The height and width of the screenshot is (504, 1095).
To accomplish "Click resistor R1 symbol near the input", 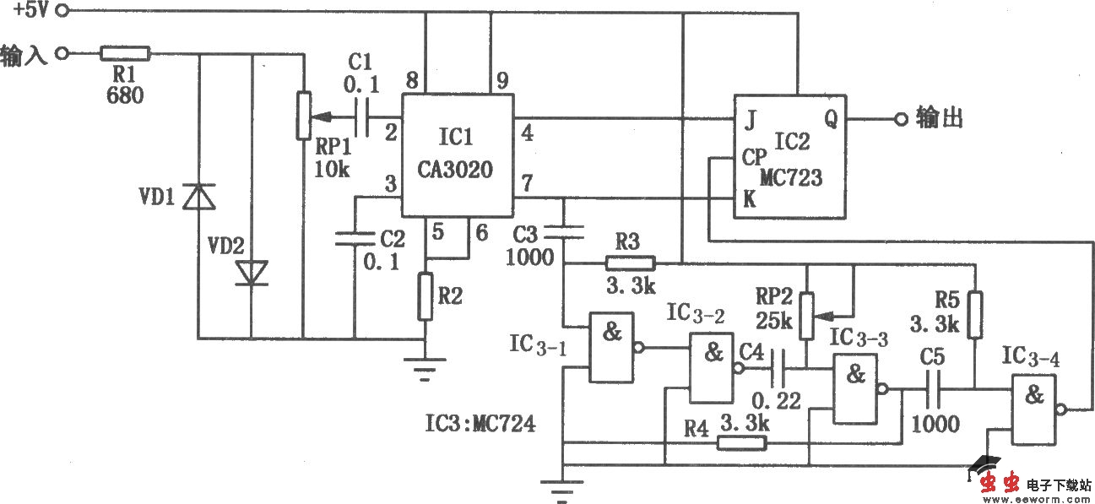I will click(x=125, y=54).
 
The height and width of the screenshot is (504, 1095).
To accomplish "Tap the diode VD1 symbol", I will click(x=200, y=197).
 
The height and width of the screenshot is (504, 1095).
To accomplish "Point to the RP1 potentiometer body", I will click(x=301, y=117).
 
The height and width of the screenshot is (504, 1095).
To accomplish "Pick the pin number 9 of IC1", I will click(x=501, y=82).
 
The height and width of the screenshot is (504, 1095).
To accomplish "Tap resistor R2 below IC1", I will click(x=426, y=296).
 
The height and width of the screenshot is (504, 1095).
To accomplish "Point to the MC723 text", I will click(x=789, y=178).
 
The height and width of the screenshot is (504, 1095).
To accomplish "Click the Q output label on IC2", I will click(x=831, y=120).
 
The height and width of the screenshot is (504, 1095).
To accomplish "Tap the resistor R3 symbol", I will click(x=630, y=263).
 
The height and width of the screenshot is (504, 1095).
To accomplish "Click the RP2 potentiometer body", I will click(x=808, y=312).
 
